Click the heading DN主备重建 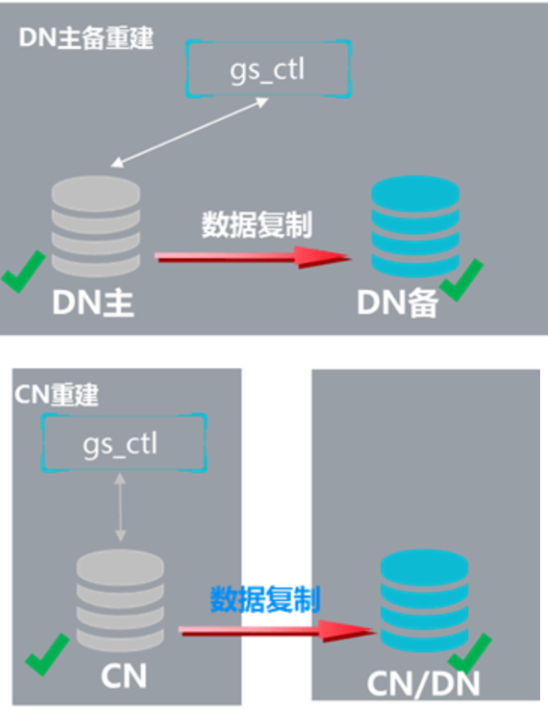point(85,40)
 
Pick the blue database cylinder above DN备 point(409,224)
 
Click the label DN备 point(396,303)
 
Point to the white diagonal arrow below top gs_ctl point(192,131)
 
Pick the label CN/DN point(425,683)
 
